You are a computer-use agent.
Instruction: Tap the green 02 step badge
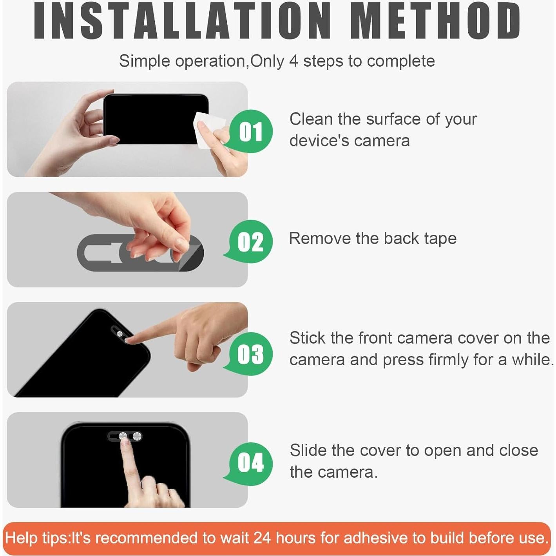click(x=250, y=241)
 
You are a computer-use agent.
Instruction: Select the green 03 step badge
click(x=250, y=354)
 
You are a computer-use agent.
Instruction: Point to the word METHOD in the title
click(x=435, y=21)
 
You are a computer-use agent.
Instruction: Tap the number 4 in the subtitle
click(x=293, y=61)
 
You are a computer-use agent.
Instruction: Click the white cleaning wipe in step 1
click(x=208, y=130)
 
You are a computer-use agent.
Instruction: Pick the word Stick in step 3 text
click(x=308, y=338)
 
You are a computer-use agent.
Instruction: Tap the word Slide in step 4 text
click(x=308, y=450)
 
